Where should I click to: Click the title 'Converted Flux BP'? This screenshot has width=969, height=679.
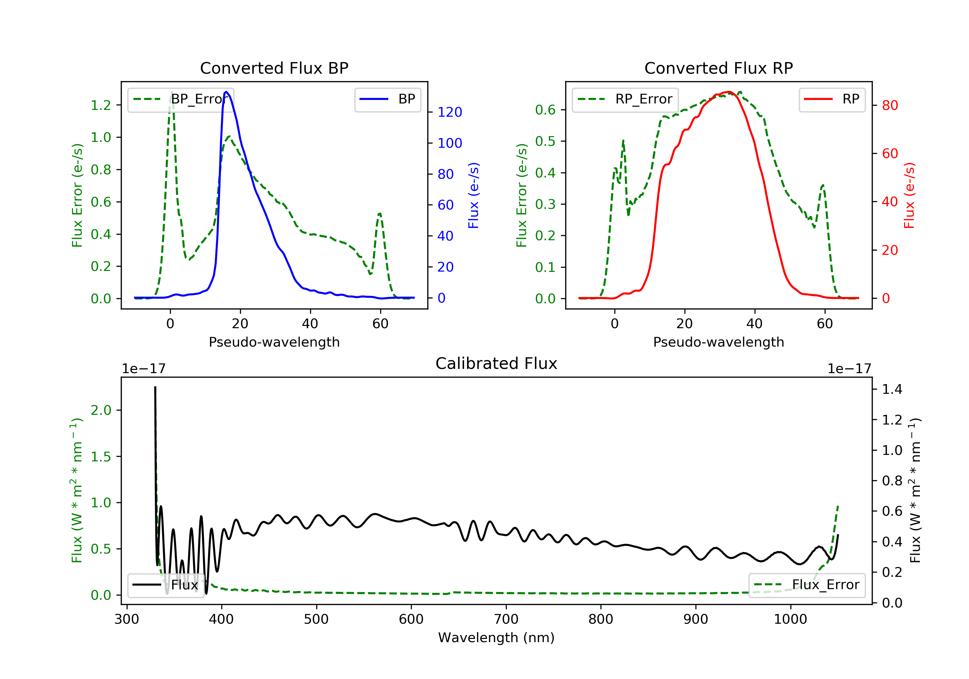click(x=274, y=68)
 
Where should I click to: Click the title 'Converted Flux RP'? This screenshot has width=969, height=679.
click(x=718, y=68)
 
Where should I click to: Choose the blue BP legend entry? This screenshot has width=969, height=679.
click(x=387, y=99)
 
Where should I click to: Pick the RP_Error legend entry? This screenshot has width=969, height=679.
click(x=625, y=99)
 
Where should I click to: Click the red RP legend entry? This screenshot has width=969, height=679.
click(x=832, y=99)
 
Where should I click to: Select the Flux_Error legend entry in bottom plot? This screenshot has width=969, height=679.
click(x=807, y=585)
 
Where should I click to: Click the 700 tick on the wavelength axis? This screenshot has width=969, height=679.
click(x=506, y=620)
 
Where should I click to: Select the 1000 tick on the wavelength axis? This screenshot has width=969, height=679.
click(x=790, y=620)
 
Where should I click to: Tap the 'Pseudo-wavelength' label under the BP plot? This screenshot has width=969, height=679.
click(x=274, y=342)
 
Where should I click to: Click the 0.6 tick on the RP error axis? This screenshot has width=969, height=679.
click(x=545, y=110)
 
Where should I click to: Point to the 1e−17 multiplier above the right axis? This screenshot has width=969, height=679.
click(x=849, y=369)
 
